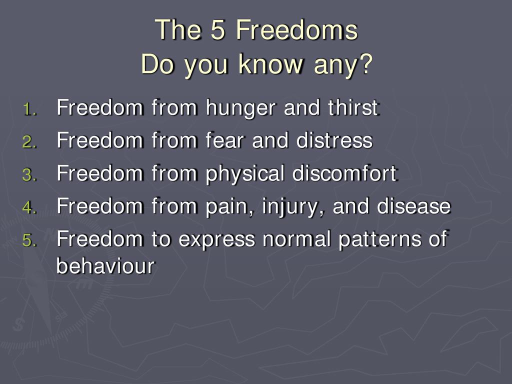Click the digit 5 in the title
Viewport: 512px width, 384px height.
click(x=218, y=29)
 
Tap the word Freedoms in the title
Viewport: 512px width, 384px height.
click(x=296, y=29)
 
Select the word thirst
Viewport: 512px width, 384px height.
click(x=353, y=107)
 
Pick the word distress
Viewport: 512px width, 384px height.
click(x=334, y=140)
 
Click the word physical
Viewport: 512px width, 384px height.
click(x=245, y=174)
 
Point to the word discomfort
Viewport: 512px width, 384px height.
click(x=344, y=172)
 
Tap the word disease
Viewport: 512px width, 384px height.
click(x=413, y=205)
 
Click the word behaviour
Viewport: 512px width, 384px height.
click(x=105, y=265)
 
